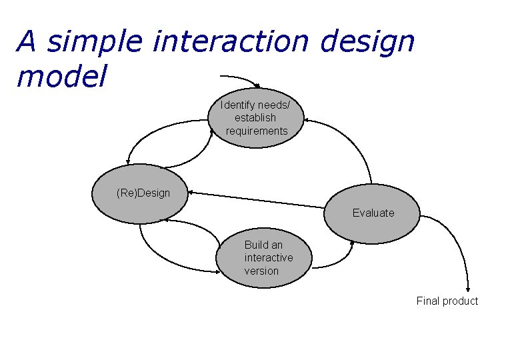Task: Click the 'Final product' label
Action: (x=447, y=301)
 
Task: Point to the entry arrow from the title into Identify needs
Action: (x=240, y=79)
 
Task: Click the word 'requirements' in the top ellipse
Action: (x=257, y=131)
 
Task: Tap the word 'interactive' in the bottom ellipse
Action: (x=269, y=258)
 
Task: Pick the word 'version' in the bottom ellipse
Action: (x=261, y=271)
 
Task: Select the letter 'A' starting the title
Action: (x=27, y=43)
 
